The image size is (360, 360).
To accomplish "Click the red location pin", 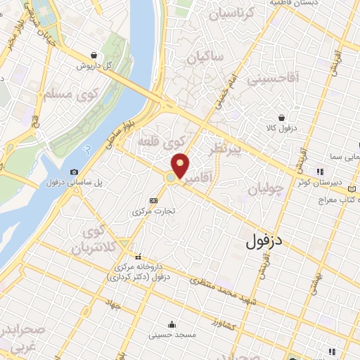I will click(181, 166).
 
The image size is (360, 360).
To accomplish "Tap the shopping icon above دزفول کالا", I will click(282, 117).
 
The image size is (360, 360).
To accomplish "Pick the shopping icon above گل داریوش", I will click(94, 56).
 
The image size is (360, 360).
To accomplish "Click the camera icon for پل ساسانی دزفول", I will click(75, 172).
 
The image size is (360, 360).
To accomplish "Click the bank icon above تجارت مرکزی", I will click(154, 200).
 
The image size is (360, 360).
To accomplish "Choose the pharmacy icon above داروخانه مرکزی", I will click(137, 257).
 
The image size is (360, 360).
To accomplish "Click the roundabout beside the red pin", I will click(171, 179).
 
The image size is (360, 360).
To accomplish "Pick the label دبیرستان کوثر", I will click(335, 181).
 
